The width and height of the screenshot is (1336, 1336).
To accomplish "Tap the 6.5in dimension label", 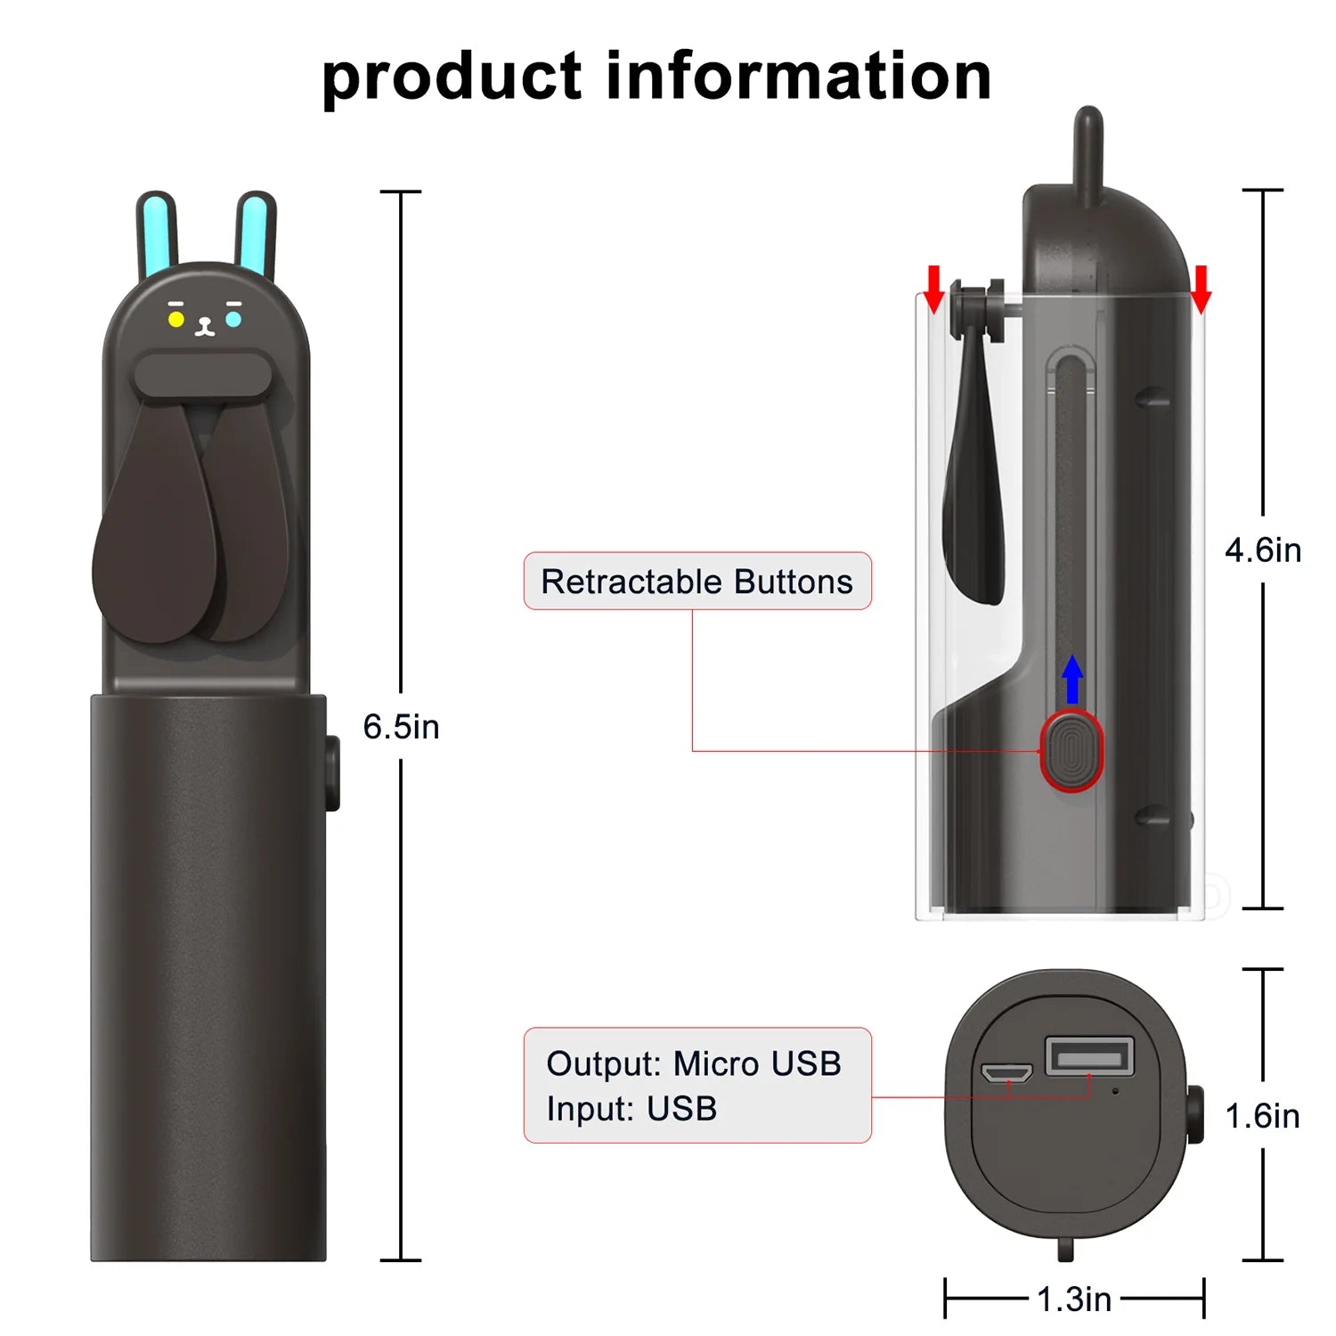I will [x=401, y=727].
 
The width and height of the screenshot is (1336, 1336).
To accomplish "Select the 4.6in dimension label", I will [x=1263, y=550].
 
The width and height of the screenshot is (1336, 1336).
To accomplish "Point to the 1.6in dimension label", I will [x=1262, y=1116].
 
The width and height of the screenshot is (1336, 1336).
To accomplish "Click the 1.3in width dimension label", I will [x=1074, y=1299].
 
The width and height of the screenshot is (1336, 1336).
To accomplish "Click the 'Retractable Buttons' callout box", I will [x=697, y=582].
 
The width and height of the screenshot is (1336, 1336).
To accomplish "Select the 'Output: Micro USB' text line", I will [x=694, y=1063].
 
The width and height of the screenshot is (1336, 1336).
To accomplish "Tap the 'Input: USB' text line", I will [x=631, y=1109].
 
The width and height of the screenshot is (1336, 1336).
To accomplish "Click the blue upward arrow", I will [x=1073, y=679].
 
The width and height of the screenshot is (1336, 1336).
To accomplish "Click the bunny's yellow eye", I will [x=176, y=319].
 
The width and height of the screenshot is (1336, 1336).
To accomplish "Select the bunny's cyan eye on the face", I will [x=233, y=318].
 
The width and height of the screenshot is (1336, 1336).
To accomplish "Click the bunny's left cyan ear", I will [x=157, y=233].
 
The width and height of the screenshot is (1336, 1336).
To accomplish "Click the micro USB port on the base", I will [x=1006, y=1072].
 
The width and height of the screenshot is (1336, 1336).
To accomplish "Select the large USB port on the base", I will [x=1088, y=1057].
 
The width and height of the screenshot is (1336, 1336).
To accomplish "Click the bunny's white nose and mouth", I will [x=205, y=327].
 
